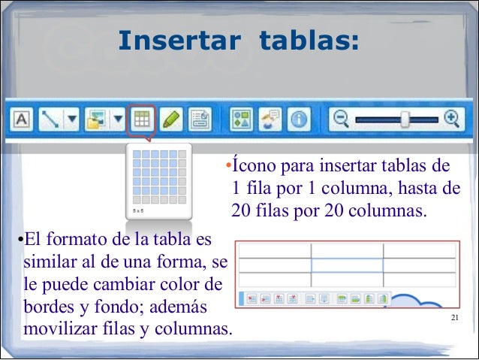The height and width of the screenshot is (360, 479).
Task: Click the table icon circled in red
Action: tap(140, 119)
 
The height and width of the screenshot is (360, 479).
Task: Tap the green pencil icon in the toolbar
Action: tap(170, 119)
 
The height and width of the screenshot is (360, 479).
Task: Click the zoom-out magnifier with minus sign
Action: tap(342, 118)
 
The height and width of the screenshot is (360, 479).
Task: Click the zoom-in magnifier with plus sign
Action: tap(450, 118)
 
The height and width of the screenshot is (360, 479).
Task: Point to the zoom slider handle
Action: tap(405, 118)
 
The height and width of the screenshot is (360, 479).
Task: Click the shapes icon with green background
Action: tap(241, 119)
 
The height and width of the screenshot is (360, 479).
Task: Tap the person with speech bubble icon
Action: tap(270, 119)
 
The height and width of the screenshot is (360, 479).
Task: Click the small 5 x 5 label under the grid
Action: tap(139, 212)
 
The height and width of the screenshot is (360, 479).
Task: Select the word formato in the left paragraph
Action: tap(77, 241)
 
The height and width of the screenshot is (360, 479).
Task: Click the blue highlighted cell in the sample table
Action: tap(347, 265)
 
